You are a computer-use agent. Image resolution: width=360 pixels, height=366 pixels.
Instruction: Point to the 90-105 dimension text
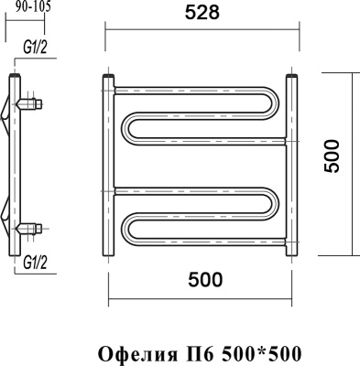tap(33, 7)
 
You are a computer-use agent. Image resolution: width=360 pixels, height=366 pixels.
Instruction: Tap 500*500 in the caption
tap(250, 351)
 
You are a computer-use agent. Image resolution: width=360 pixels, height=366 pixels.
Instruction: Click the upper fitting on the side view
tap(31, 102)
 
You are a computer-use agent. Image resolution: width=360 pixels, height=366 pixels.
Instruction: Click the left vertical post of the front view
tap(108, 165)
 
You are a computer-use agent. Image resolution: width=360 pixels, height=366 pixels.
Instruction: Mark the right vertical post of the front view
tap(292, 165)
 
